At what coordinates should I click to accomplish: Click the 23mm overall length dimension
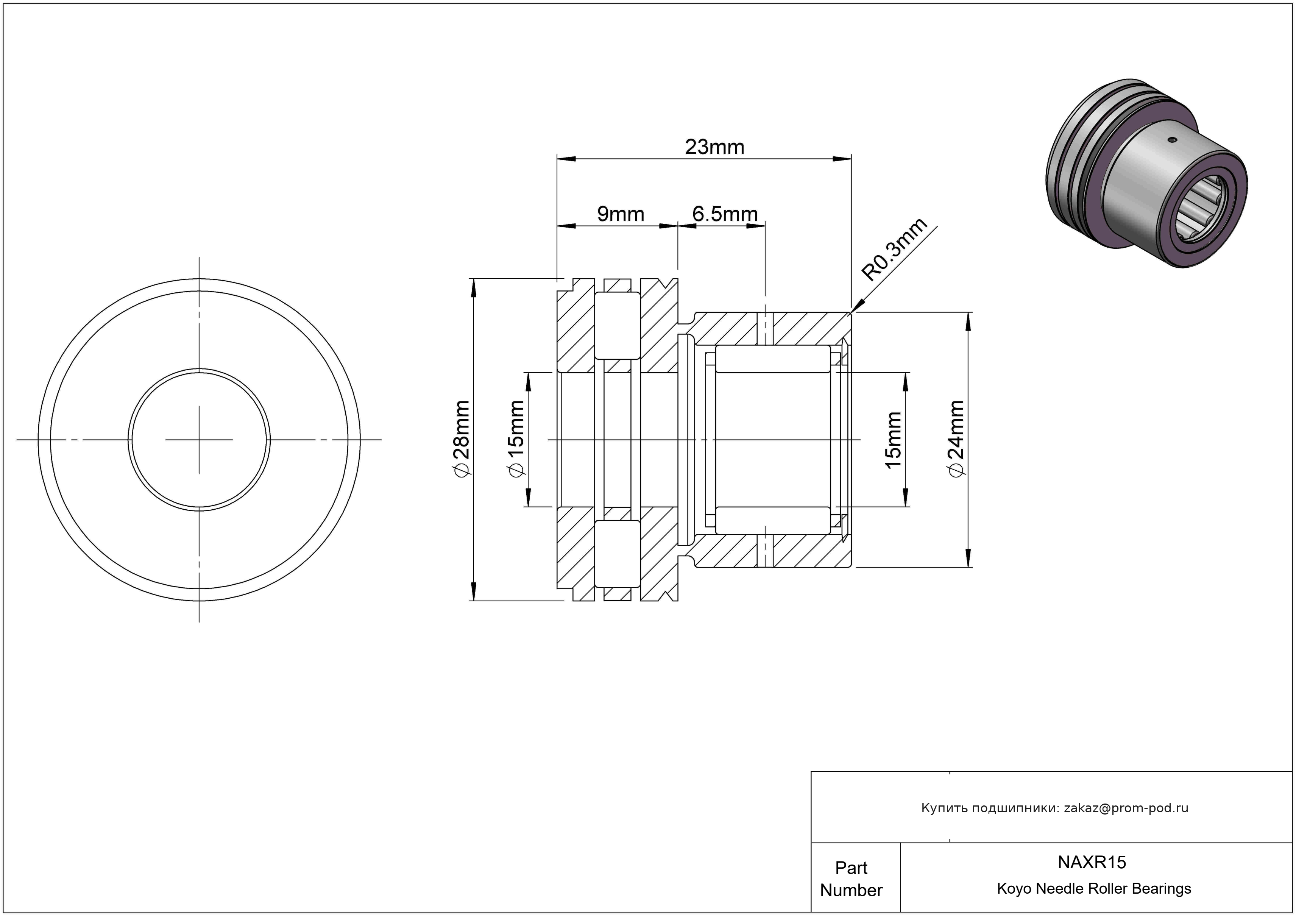point(714,147)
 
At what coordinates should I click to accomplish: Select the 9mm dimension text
point(620,214)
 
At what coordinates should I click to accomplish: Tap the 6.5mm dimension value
point(725,214)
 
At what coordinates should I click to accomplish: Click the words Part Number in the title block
point(851,879)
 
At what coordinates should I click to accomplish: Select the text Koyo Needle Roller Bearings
point(1094,889)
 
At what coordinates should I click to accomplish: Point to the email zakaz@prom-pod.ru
point(1126,808)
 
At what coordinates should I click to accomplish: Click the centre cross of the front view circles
point(199,440)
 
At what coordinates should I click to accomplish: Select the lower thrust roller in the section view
point(618,554)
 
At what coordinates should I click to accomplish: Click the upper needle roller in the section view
point(773,359)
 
